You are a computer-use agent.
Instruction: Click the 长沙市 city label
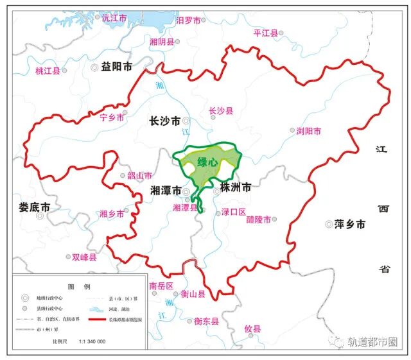pyautogui.click(x=164, y=121)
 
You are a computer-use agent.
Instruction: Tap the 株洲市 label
pyautogui.click(x=235, y=188)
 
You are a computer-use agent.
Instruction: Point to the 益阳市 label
pyautogui.click(x=116, y=67)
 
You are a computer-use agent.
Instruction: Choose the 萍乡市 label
pyautogui.click(x=349, y=225)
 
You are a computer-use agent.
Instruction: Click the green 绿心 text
pyautogui.click(x=207, y=162)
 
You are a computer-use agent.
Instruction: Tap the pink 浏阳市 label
pyautogui.click(x=308, y=131)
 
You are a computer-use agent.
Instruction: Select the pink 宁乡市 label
pyautogui.click(x=112, y=117)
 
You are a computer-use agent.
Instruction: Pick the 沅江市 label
pyautogui.click(x=115, y=18)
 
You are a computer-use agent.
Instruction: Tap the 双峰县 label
pyautogui.click(x=84, y=257)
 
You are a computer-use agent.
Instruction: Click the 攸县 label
pyautogui.click(x=252, y=329)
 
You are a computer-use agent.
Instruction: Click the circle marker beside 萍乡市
pyautogui.click(x=329, y=225)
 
